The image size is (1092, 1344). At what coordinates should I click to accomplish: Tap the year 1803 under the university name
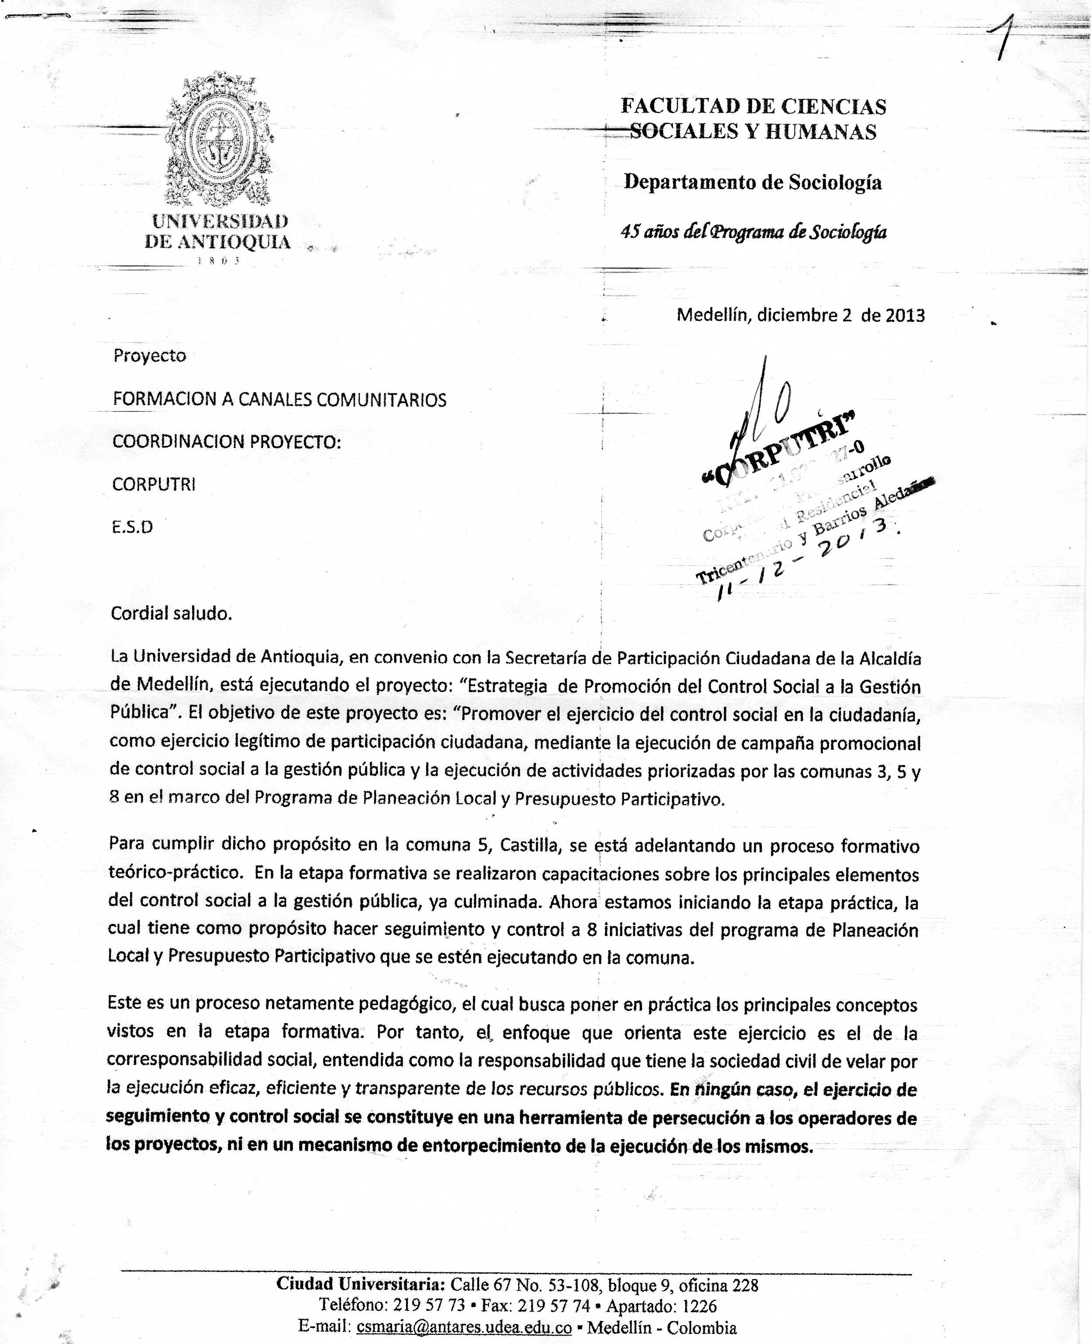tap(218, 260)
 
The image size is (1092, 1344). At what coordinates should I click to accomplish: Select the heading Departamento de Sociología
tap(752, 183)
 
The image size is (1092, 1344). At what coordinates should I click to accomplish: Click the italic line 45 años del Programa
tap(753, 232)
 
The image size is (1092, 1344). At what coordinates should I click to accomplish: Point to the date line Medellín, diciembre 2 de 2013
tap(800, 315)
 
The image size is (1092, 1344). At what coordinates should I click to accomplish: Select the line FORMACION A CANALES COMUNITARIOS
tap(279, 400)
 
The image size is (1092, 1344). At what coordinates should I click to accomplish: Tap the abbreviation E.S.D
tap(132, 527)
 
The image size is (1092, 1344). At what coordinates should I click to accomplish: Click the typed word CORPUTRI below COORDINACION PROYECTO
tap(154, 484)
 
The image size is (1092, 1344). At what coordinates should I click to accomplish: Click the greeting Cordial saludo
tap(171, 613)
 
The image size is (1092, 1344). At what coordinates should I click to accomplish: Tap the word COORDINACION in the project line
tap(179, 442)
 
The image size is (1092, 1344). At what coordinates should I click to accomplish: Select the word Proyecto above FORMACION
tap(150, 356)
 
